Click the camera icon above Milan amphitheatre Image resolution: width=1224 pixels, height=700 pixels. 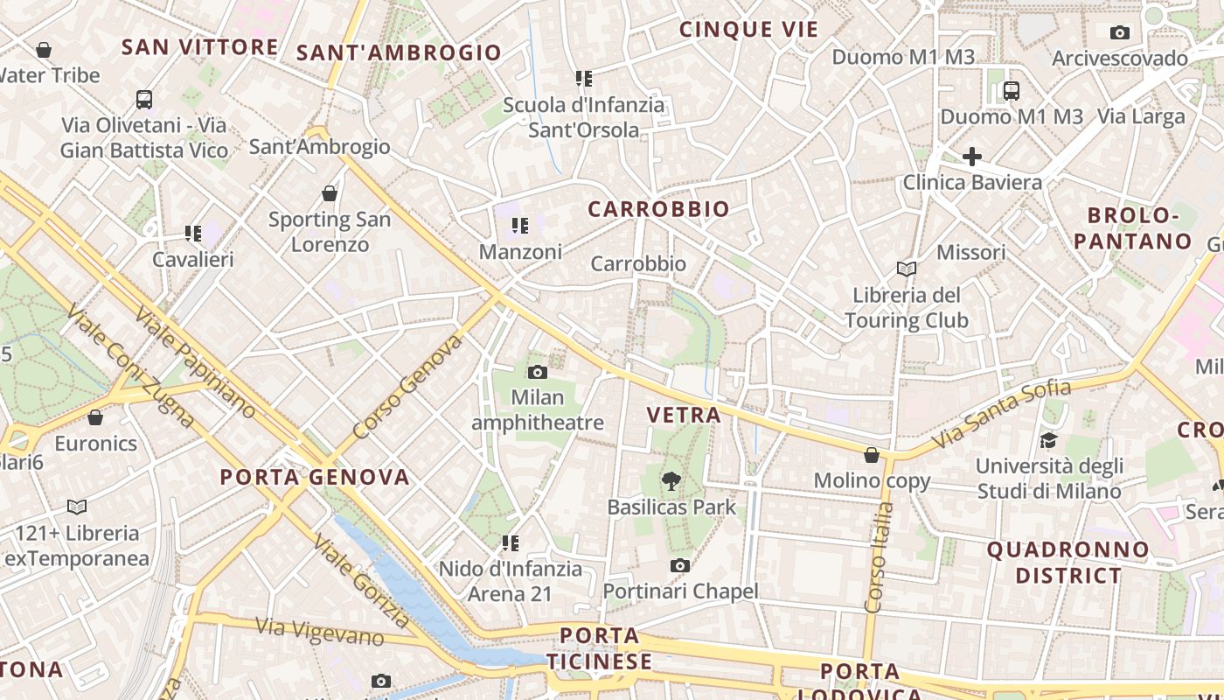538,372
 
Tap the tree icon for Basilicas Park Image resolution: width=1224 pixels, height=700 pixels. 671,480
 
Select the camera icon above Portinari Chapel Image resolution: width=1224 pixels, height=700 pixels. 679,566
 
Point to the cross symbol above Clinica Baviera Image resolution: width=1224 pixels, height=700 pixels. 971,157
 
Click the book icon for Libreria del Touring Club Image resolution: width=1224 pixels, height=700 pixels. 907,269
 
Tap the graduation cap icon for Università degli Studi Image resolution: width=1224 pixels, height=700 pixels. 1048,440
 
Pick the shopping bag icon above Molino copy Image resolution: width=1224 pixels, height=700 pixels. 872,455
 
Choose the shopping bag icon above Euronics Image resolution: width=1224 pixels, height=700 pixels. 95,417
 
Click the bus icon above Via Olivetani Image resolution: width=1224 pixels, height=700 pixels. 144,100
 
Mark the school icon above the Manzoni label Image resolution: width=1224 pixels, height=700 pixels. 520,227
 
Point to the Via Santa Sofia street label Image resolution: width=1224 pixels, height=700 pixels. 1001,415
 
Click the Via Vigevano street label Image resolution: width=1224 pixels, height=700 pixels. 319,632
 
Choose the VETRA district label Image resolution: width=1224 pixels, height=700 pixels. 684,415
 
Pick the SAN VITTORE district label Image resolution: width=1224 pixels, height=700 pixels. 199,47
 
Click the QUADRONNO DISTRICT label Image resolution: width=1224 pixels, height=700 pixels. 1068,563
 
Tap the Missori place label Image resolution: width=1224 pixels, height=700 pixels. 970,253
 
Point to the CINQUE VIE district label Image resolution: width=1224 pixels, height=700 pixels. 748,30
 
